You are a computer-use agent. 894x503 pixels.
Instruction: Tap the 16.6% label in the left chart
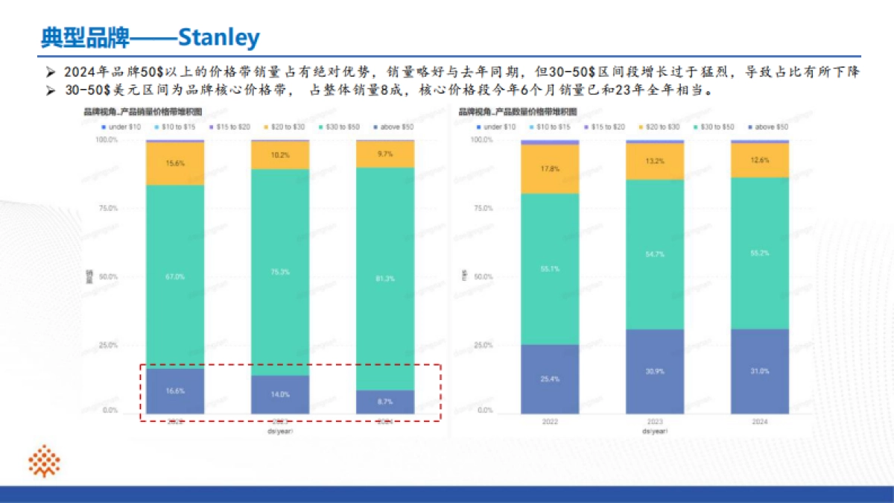click(x=176, y=390)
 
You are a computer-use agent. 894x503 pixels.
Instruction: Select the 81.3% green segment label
click(x=385, y=278)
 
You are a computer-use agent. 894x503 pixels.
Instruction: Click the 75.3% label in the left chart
click(x=280, y=272)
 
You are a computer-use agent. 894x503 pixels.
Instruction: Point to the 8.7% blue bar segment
click(x=385, y=401)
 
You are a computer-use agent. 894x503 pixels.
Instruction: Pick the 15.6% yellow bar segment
click(x=176, y=163)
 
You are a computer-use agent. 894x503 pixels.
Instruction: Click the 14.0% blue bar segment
click(x=280, y=393)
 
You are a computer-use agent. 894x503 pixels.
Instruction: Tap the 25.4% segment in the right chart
click(x=551, y=379)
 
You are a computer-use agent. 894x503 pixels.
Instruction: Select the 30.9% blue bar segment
click(x=655, y=370)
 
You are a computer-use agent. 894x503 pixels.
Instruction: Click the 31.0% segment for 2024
click(x=759, y=370)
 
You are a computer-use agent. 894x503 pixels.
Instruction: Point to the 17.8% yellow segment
click(x=551, y=168)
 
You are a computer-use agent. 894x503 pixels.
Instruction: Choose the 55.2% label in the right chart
click(x=759, y=253)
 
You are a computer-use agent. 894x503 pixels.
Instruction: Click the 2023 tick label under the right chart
click(x=655, y=422)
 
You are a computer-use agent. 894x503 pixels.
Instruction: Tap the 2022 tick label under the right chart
click(x=551, y=422)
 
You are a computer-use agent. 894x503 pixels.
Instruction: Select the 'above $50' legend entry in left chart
click(x=395, y=127)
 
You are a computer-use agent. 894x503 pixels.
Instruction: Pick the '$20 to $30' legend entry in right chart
click(x=662, y=127)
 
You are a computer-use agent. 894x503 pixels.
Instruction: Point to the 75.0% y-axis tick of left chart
click(x=109, y=209)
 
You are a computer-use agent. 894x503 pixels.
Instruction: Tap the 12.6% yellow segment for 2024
click(x=759, y=159)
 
